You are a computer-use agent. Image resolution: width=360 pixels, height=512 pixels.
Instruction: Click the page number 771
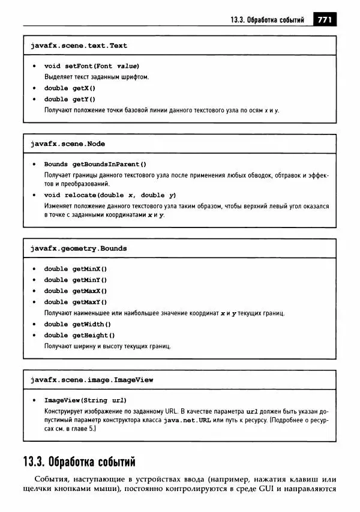click(325, 20)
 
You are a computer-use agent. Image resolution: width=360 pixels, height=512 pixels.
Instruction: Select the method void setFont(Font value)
click(92, 66)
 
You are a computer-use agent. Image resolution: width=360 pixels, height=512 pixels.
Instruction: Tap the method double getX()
click(70, 88)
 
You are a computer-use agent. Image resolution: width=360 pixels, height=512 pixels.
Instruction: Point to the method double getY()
click(70, 99)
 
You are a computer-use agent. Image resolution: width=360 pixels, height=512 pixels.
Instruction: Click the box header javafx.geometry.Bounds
click(79, 248)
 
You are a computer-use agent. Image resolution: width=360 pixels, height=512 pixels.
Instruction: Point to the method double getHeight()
click(79, 335)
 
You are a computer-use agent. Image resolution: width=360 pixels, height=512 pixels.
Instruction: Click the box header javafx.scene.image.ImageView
click(92, 380)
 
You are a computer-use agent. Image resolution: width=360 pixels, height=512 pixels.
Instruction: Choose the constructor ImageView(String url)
click(85, 400)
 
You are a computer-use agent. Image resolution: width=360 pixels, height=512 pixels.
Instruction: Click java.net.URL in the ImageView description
click(188, 421)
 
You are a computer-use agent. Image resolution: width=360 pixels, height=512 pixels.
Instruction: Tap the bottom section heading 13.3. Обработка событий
click(79, 462)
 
